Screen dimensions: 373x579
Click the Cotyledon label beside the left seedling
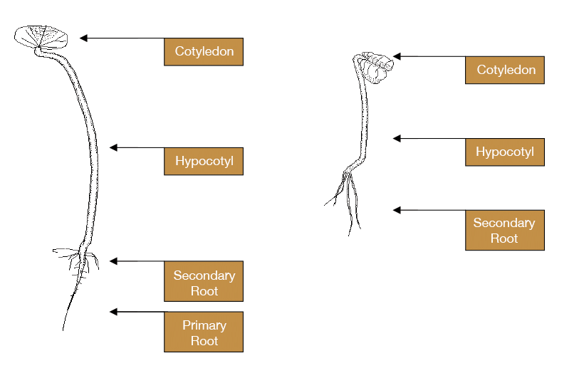[204, 52]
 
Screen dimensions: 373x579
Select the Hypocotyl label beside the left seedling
[204, 162]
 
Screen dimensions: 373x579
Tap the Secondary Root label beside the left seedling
[204, 283]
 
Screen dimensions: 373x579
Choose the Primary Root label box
[204, 332]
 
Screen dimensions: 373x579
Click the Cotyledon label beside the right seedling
[505, 70]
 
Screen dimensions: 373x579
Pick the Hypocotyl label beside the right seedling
[505, 152]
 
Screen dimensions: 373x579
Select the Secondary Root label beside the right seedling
[505, 231]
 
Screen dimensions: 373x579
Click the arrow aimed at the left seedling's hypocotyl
[124, 147]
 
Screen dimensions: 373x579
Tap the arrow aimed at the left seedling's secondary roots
[124, 261]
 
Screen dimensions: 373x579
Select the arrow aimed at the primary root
[124, 312]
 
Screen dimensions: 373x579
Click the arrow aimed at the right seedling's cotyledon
[405, 56]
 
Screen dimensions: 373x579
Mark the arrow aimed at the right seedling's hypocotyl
[405, 138]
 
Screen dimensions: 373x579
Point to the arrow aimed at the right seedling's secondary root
[405, 210]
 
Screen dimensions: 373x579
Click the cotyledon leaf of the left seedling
[41, 36]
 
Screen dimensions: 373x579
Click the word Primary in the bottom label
[204, 325]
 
